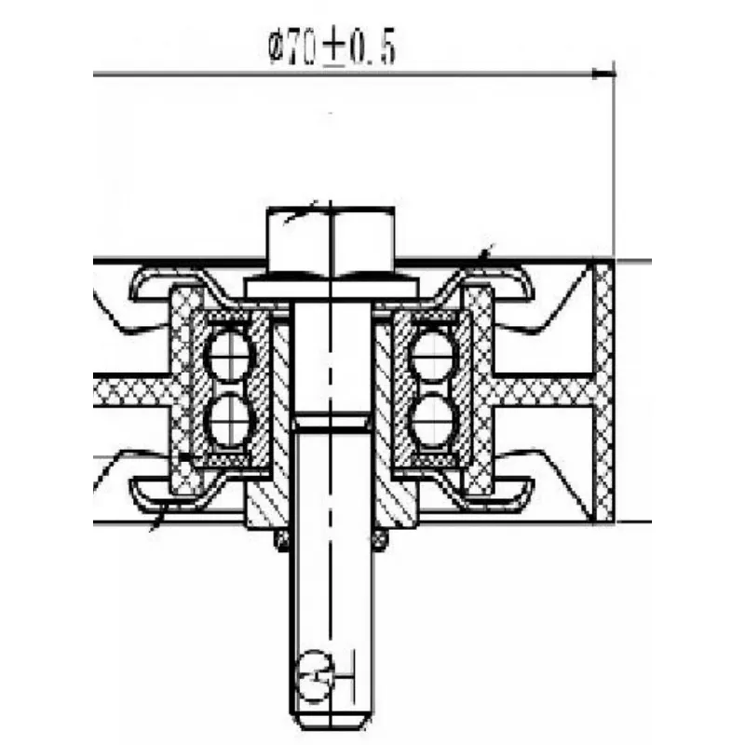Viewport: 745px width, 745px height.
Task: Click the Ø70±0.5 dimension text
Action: coord(332,48)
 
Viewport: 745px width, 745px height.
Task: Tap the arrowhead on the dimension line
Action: coord(603,74)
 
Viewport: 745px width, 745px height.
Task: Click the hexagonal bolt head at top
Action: coord(331,241)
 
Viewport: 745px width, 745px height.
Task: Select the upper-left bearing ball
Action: coord(229,356)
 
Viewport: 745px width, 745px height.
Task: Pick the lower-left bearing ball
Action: coord(229,421)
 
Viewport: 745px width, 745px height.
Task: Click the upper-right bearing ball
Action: coord(434,356)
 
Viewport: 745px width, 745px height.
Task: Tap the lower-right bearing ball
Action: coord(434,421)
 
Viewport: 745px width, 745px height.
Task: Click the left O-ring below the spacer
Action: coord(283,540)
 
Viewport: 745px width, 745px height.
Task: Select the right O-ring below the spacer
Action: coord(379,540)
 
